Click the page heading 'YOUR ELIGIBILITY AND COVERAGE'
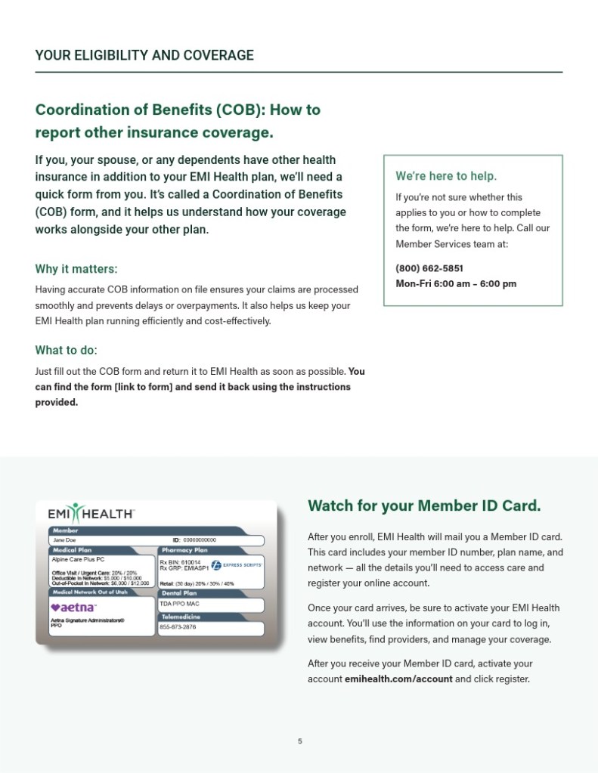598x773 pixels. pyautogui.click(x=144, y=55)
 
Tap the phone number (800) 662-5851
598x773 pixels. pyautogui.click(x=429, y=268)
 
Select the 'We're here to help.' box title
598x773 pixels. pyautogui.click(x=446, y=176)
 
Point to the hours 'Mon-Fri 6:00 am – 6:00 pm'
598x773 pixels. pyautogui.click(x=456, y=284)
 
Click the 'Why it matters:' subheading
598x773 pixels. pyautogui.click(x=76, y=269)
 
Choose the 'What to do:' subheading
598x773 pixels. pyautogui.click(x=67, y=351)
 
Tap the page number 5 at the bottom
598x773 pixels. pyautogui.click(x=299, y=741)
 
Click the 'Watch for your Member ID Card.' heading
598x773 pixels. pyautogui.click(x=424, y=506)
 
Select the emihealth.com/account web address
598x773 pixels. pyautogui.click(x=398, y=679)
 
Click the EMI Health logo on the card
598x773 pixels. pyautogui.click(x=91, y=513)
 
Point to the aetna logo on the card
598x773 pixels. pyautogui.click(x=73, y=608)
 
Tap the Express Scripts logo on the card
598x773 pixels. pyautogui.click(x=237, y=564)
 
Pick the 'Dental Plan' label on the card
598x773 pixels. pyautogui.click(x=178, y=593)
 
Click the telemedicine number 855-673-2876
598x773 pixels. pyautogui.click(x=178, y=627)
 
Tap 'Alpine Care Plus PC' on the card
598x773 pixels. pyautogui.click(x=79, y=561)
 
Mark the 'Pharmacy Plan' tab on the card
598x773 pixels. pyautogui.click(x=184, y=550)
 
